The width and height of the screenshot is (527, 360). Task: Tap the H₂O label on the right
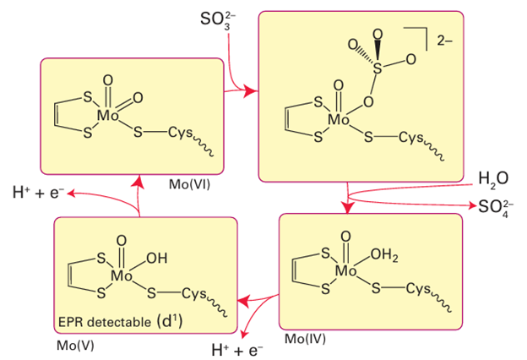pos(492,178)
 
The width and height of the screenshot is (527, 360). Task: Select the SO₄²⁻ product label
pos(498,205)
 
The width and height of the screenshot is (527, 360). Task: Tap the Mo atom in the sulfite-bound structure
pos(340,119)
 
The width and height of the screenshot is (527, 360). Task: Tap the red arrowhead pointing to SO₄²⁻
pos(470,205)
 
